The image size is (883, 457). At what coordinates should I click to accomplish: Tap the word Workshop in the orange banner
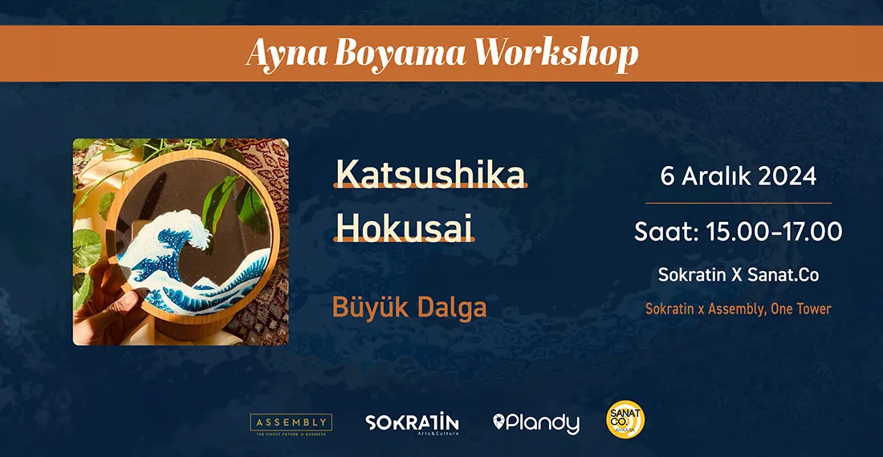(x=555, y=54)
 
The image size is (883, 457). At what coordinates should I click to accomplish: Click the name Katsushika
(x=430, y=174)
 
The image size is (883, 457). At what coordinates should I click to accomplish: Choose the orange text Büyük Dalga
(x=409, y=307)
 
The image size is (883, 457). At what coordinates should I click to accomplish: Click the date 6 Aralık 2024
(x=738, y=176)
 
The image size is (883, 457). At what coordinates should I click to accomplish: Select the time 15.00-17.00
(x=773, y=233)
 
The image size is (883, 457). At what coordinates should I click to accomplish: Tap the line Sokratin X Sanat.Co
(x=738, y=274)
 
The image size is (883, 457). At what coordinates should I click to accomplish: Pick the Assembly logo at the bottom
(x=291, y=423)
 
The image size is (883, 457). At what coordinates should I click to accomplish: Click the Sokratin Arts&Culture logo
(x=412, y=423)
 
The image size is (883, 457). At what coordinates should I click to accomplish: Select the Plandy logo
(x=536, y=423)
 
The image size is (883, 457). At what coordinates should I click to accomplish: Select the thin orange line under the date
(x=738, y=203)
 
